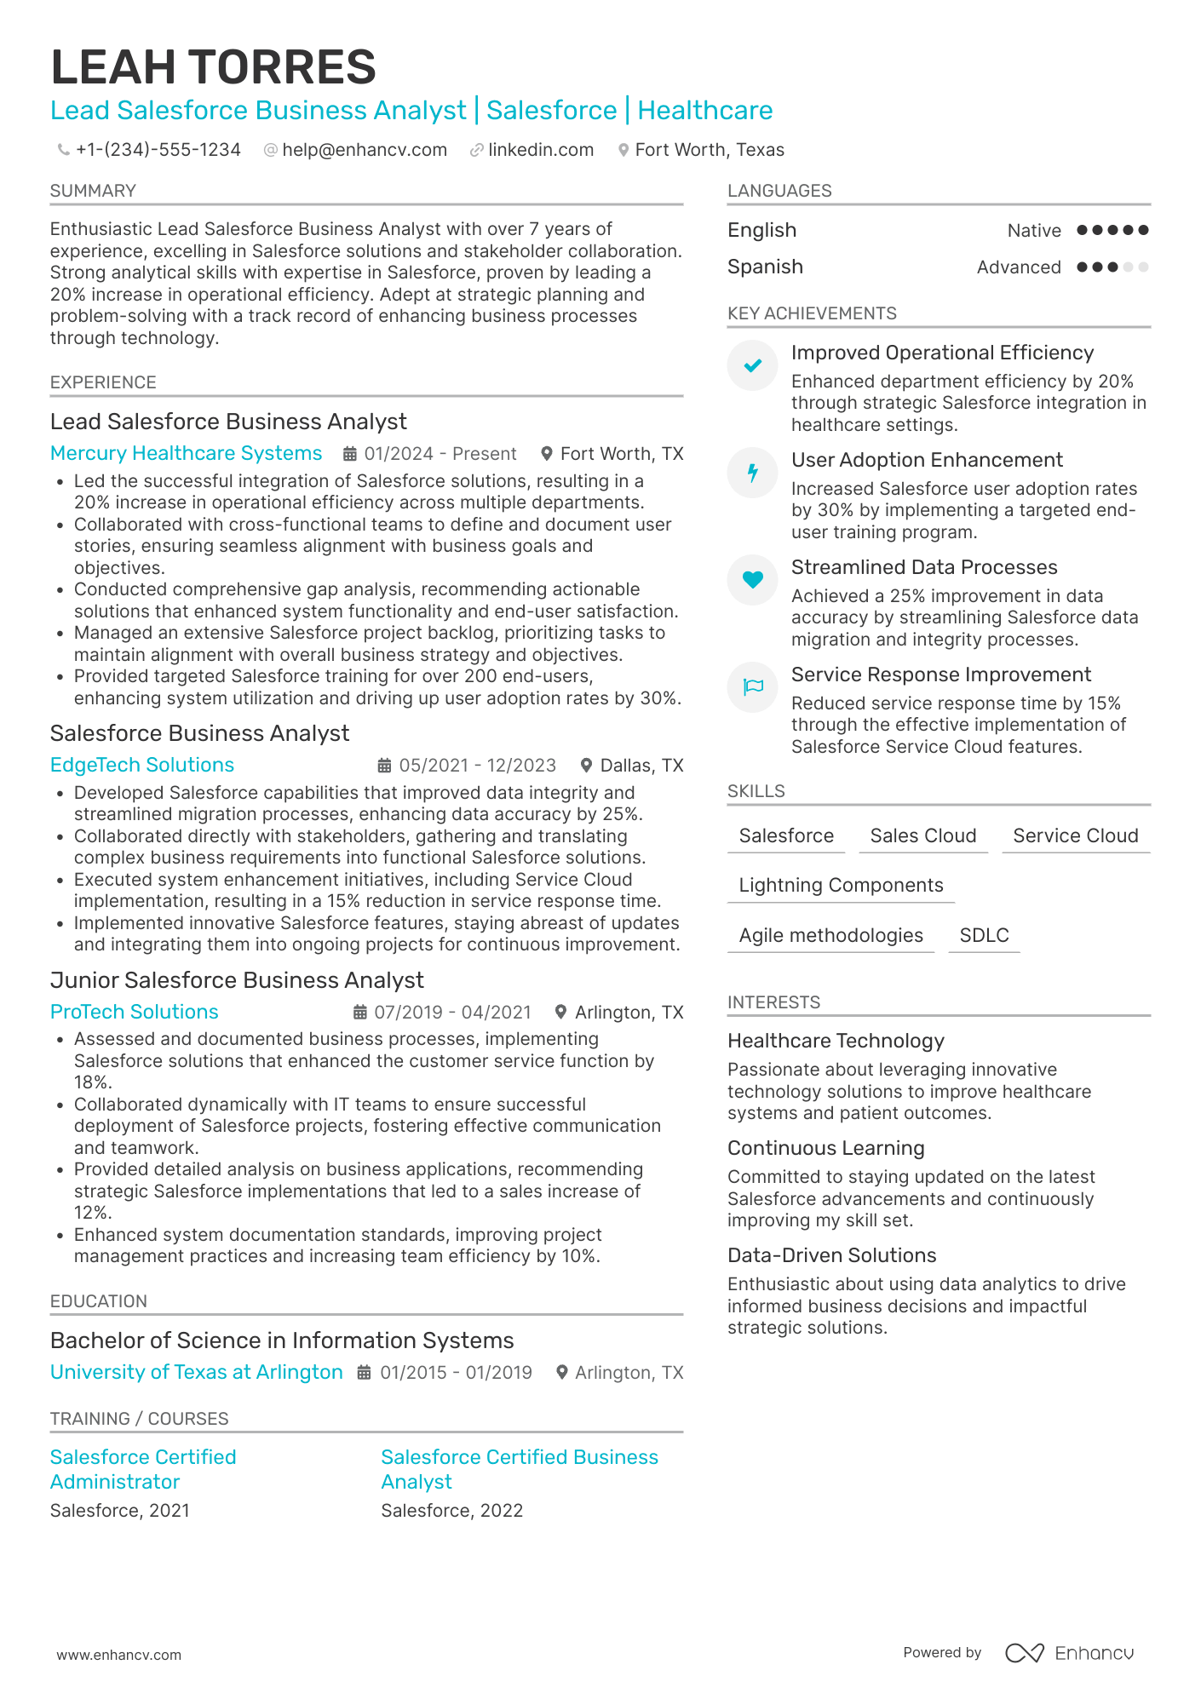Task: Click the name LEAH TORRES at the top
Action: tap(213, 67)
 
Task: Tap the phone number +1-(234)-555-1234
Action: tap(158, 150)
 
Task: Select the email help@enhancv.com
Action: tap(364, 150)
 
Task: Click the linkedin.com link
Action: tap(540, 150)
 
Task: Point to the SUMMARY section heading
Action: tap(93, 191)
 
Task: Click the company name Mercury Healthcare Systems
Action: tap(186, 453)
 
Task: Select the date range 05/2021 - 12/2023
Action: tap(477, 766)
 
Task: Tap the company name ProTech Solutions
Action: tap(134, 1012)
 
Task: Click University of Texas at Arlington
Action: tap(196, 1372)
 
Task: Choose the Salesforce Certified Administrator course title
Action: tap(142, 1469)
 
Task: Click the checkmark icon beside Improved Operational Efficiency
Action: tap(752, 365)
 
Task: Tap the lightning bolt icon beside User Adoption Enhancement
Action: tap(752, 473)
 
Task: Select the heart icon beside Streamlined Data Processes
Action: tap(752, 580)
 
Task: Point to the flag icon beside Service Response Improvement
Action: tap(752, 687)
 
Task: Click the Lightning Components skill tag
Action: tap(841, 886)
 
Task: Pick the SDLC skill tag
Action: tap(984, 935)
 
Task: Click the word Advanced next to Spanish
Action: tap(1019, 267)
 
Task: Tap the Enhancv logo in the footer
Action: tap(1070, 1653)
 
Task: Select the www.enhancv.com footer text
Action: tap(118, 1655)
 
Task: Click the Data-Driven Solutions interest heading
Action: tap(831, 1255)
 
